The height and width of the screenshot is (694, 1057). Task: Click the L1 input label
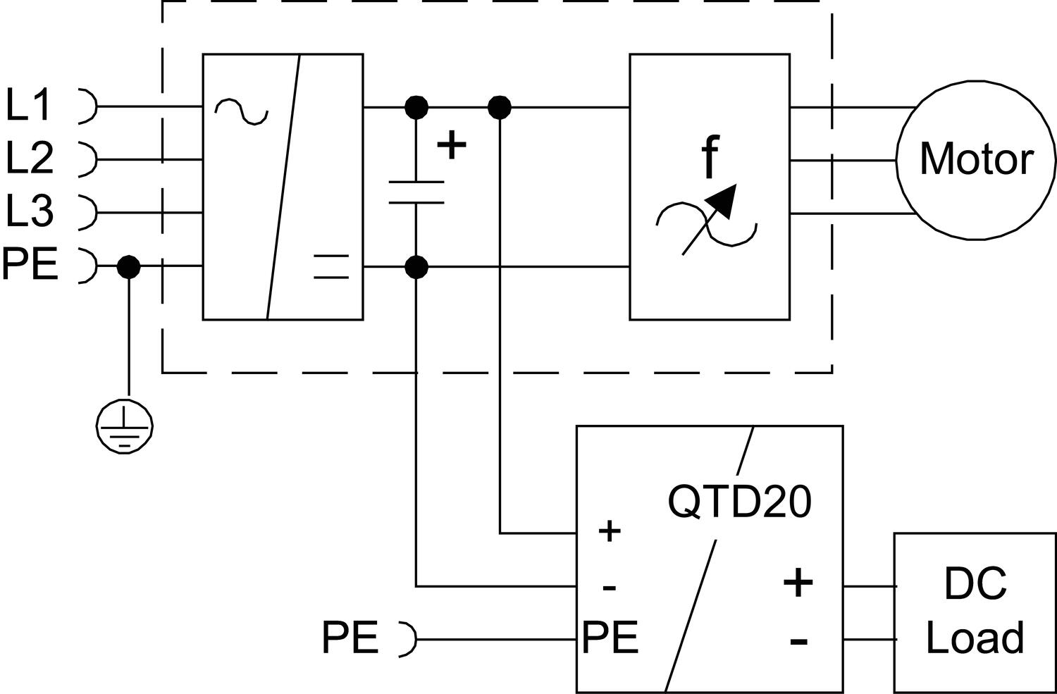click(29, 106)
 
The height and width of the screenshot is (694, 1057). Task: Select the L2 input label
click(30, 158)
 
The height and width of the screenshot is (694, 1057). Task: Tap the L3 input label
click(30, 211)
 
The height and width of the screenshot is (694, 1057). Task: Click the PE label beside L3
click(30, 265)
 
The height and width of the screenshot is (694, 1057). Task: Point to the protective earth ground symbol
click(125, 425)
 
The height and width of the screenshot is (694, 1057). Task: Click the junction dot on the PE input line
click(128, 267)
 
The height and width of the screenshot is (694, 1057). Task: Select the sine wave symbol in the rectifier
click(241, 111)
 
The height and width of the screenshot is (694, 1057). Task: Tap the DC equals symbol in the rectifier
click(330, 266)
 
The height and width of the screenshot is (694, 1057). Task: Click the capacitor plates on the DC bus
click(416, 192)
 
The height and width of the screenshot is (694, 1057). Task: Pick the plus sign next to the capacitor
click(452, 146)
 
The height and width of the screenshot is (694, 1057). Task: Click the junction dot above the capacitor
click(416, 108)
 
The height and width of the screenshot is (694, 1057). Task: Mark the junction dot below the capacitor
click(416, 267)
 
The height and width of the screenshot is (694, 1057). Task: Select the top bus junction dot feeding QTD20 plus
click(500, 108)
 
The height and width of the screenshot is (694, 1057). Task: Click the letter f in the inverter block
click(710, 158)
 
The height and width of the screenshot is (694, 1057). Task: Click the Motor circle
click(976, 160)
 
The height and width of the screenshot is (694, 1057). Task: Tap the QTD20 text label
click(739, 502)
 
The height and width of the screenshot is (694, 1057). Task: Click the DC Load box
click(975, 612)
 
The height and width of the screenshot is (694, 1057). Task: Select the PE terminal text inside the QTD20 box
click(610, 638)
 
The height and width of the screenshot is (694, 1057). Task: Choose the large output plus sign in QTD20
click(798, 583)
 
